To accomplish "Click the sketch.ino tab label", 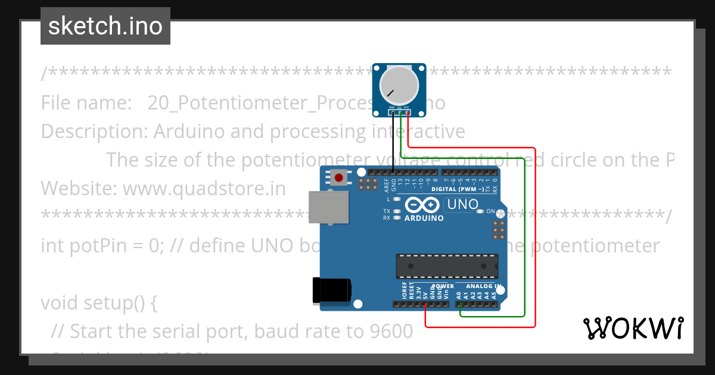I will [x=105, y=26].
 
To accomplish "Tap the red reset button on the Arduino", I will [x=340, y=177].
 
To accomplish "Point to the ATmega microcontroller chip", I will [x=447, y=266].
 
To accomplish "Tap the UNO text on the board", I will [x=462, y=204].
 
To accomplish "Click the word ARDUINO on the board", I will [x=424, y=218].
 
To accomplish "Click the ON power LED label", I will [x=490, y=211].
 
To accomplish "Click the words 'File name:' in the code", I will [x=86, y=103].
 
